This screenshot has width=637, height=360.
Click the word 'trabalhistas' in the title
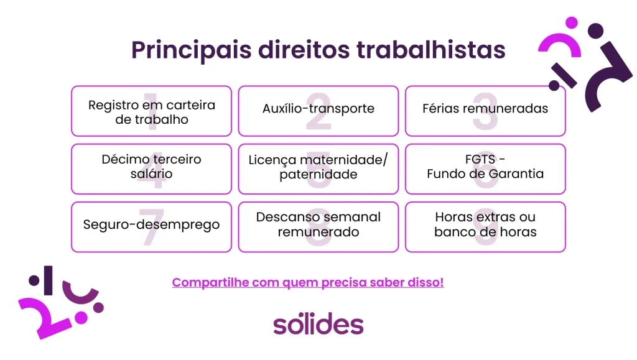(x=430, y=50)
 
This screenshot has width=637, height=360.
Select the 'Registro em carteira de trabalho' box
(x=151, y=111)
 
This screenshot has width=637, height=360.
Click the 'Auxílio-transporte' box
(x=318, y=111)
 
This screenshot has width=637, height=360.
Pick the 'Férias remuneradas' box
(x=485, y=111)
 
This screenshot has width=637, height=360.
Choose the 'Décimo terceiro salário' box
(x=151, y=168)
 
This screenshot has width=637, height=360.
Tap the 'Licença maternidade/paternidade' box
(x=318, y=168)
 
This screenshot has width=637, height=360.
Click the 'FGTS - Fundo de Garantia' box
(x=485, y=168)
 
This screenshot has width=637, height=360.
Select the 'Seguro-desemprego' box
(x=151, y=226)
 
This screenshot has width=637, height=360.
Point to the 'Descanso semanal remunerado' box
(x=318, y=226)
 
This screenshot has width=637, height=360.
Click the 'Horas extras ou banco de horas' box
(x=485, y=226)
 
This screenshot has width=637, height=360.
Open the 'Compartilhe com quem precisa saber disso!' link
(x=308, y=282)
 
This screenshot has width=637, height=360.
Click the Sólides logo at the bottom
(x=318, y=325)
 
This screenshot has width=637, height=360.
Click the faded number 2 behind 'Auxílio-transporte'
(x=318, y=113)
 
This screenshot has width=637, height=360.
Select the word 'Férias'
(x=441, y=108)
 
